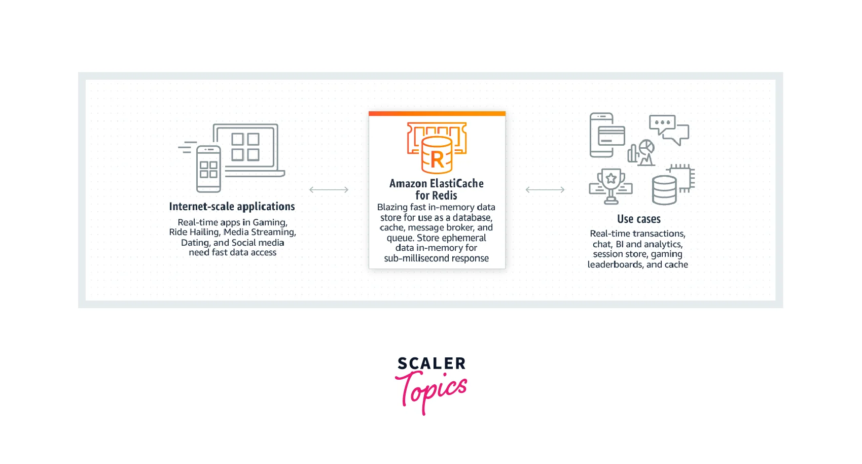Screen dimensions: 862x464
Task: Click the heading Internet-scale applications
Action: pyautogui.click(x=232, y=207)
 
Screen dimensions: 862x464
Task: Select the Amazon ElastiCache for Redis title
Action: pyautogui.click(x=437, y=189)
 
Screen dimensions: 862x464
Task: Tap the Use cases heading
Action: pyautogui.click(x=639, y=219)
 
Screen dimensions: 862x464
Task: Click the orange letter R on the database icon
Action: pyautogui.click(x=437, y=160)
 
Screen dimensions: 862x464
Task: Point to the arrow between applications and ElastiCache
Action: pyautogui.click(x=329, y=189)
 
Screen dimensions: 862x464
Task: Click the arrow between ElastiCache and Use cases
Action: pyautogui.click(x=545, y=189)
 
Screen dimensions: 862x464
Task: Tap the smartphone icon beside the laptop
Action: pyautogui.click(x=208, y=169)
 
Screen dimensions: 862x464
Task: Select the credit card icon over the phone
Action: pyautogui.click(x=611, y=136)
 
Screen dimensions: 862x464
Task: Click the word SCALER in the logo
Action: pyautogui.click(x=432, y=363)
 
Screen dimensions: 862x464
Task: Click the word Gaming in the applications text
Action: pyautogui.click(x=270, y=222)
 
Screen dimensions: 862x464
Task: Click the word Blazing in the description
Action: pyautogui.click(x=392, y=208)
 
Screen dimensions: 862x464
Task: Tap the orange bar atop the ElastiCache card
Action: pyautogui.click(x=437, y=114)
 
